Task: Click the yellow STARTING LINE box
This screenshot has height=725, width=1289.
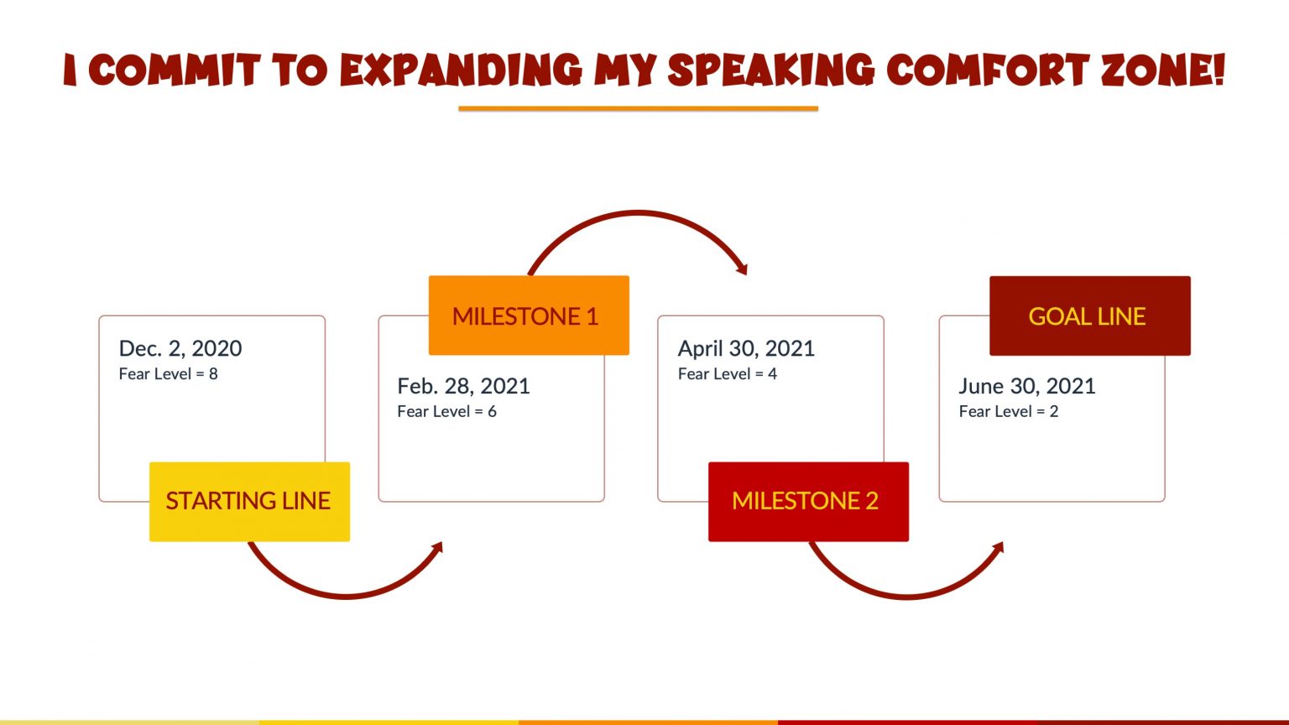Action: coord(249,501)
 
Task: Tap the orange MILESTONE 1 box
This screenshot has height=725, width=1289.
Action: coord(529,316)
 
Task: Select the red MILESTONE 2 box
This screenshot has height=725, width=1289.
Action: coord(808,501)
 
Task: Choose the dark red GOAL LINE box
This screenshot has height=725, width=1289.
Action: coord(1089,316)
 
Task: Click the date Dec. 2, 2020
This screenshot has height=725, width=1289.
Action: coord(180,348)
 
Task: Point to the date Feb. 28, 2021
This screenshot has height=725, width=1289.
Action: coord(463,386)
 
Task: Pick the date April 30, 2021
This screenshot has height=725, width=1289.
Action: coord(746,348)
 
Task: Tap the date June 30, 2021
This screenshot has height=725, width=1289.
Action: coord(1026,386)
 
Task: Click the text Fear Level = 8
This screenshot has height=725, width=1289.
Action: coord(168,374)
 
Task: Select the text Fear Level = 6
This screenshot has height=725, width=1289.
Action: coord(446,411)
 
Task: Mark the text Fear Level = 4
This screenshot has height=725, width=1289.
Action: coord(727,374)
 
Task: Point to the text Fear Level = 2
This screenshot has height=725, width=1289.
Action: coord(1008,411)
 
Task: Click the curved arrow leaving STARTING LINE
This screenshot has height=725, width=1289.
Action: coord(344,595)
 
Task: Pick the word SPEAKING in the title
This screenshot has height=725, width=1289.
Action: coord(770,70)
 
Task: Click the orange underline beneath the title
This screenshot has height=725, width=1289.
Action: coord(638,108)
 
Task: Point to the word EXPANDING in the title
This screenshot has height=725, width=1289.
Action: coord(461,70)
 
